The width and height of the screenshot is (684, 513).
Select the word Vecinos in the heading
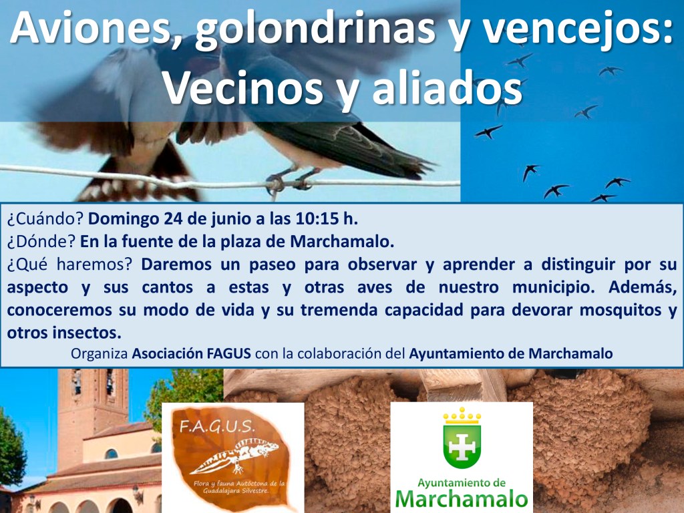pos(242,89)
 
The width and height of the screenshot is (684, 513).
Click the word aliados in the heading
pos(447,88)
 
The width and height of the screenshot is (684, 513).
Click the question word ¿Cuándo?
pos(45,218)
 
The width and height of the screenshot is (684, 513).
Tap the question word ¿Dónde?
pos(41,241)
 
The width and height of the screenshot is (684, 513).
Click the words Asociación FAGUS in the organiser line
pos(191,353)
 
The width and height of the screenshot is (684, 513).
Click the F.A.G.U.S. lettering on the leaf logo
pos(217,425)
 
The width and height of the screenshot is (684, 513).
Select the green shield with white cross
pos(462,446)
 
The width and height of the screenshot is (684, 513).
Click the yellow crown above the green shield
pos(462,415)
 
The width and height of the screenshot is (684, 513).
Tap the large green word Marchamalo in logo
pos(462,500)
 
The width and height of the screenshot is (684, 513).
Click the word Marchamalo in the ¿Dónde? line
pos(342,241)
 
